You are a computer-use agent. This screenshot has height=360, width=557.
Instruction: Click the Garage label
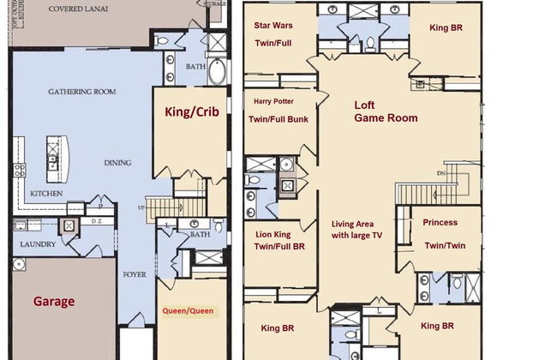click(x=54, y=301)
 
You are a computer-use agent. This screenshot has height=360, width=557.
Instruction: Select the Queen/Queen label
click(x=189, y=310)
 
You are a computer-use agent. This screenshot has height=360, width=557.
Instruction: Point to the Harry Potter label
click(x=273, y=101)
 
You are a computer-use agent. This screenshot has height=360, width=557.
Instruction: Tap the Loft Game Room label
click(x=386, y=111)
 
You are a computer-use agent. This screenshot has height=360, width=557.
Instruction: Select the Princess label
click(x=440, y=222)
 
